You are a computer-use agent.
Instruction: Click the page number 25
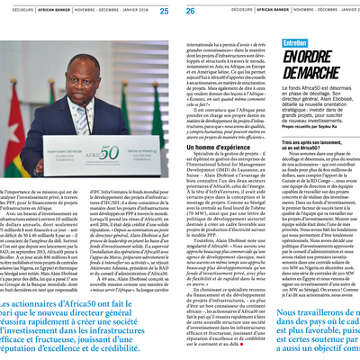(163, 11)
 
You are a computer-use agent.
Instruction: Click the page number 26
(190, 11)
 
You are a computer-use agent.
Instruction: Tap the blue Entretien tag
(295, 43)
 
